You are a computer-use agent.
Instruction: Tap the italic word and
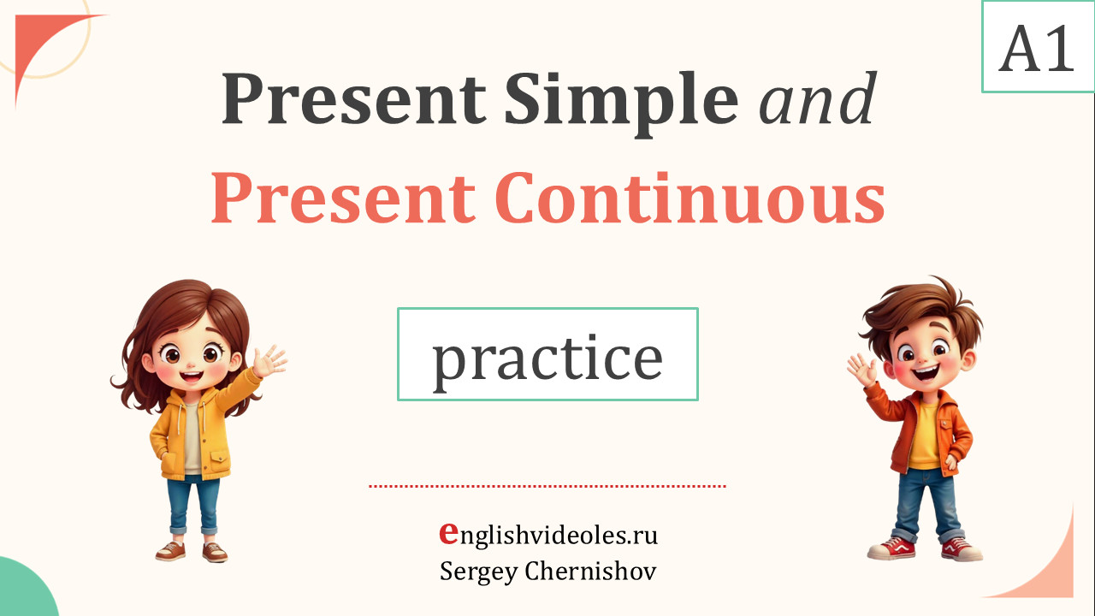(818, 98)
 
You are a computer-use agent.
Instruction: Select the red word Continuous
(690, 198)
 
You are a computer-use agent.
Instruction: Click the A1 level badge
(1038, 47)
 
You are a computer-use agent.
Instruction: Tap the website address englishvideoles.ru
(548, 535)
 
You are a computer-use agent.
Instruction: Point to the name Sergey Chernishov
(548, 571)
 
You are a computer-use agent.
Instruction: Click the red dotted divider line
(547, 486)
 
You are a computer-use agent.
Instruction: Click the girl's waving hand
(269, 361)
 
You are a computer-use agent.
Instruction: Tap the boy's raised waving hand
(861, 370)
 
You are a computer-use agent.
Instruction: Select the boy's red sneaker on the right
(961, 549)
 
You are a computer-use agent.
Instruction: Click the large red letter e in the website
(448, 532)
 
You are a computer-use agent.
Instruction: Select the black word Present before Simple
(354, 98)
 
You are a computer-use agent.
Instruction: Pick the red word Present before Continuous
(343, 198)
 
